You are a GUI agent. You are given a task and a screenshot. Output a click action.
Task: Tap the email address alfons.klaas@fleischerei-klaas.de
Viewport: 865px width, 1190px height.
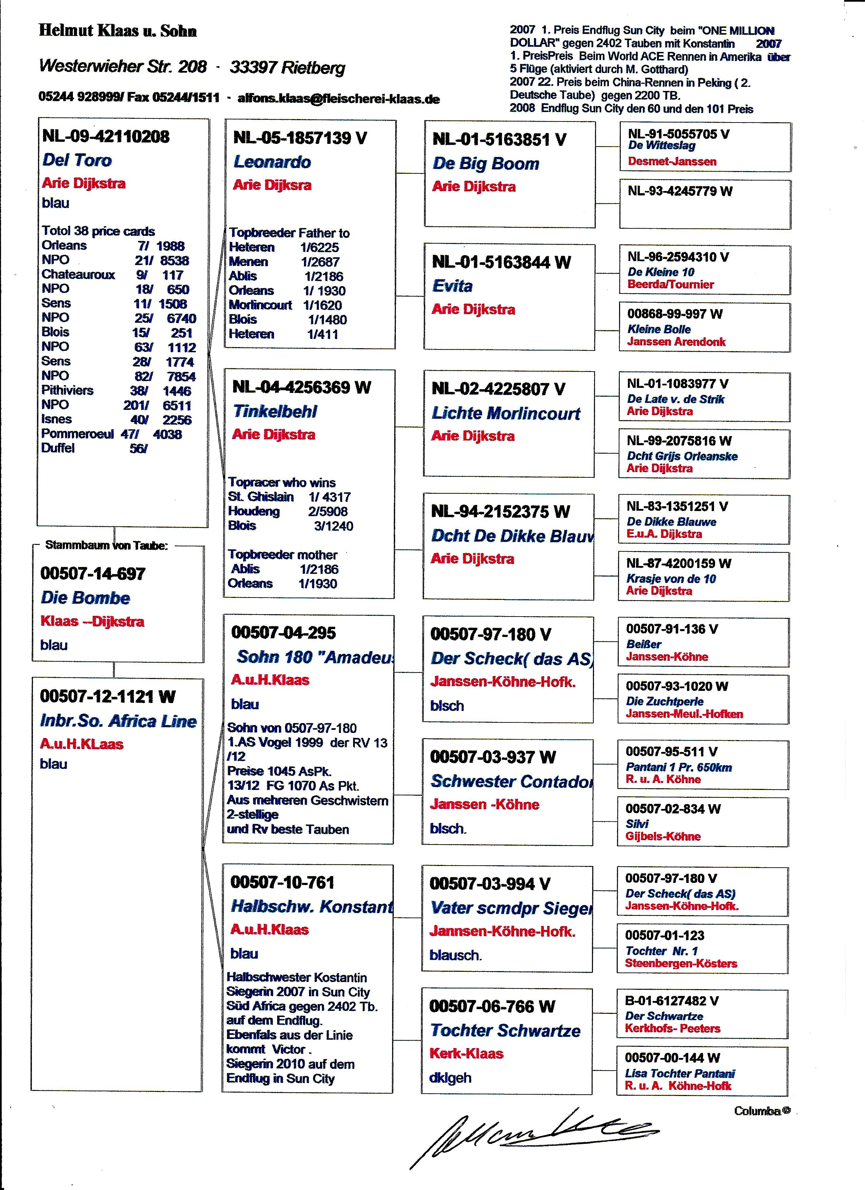pos(338,99)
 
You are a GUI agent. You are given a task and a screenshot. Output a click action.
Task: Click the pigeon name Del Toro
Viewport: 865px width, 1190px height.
pos(77,160)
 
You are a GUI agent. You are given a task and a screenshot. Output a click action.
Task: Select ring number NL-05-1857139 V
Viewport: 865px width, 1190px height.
pos(300,138)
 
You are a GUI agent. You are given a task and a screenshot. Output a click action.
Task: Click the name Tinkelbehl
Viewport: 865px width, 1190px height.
pos(275,411)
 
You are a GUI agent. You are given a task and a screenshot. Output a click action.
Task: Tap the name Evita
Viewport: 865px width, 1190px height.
pos(452,286)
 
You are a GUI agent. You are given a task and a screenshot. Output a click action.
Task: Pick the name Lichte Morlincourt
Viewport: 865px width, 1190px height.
pos(506,413)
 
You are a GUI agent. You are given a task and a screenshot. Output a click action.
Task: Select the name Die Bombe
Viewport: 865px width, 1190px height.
pos(85,598)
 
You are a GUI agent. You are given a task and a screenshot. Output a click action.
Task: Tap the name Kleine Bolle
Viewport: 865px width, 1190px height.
pos(659,329)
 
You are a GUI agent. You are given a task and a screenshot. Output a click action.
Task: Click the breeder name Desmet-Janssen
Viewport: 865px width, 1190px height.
pos(672,162)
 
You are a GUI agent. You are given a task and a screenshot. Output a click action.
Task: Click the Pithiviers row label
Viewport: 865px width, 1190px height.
pos(67,390)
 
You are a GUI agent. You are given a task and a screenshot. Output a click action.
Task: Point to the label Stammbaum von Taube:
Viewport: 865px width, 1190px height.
pos(107,545)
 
